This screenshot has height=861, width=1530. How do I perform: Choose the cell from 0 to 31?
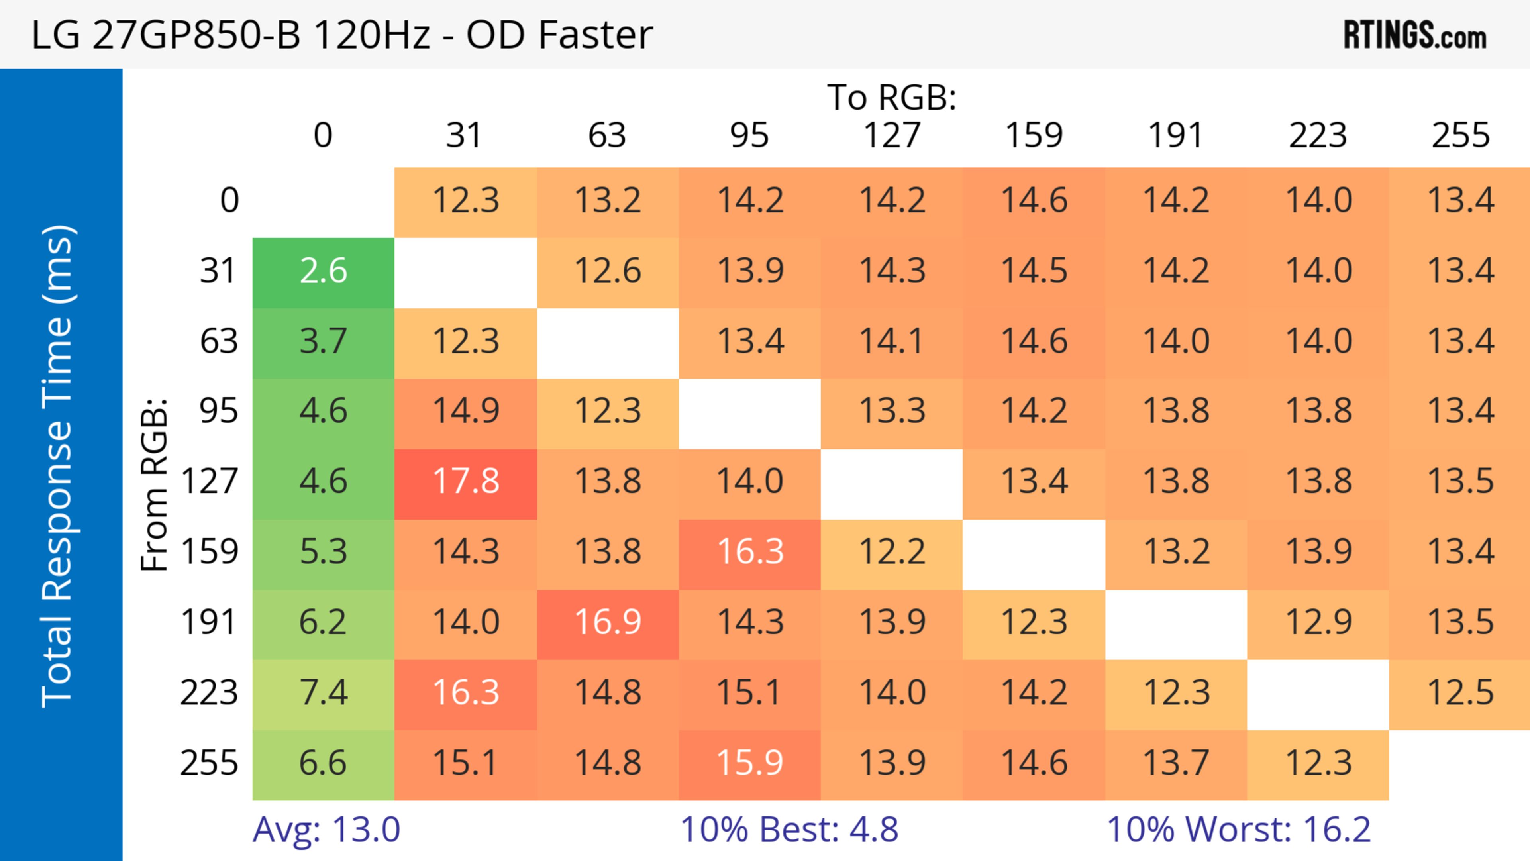click(x=466, y=201)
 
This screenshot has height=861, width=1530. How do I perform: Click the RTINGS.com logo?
click(x=1415, y=35)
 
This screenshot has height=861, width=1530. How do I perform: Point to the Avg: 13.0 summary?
click(x=326, y=830)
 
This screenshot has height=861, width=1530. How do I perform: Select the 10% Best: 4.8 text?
click(x=789, y=830)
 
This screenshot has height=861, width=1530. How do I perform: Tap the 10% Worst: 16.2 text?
click(x=1238, y=830)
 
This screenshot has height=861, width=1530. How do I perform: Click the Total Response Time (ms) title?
click(x=58, y=466)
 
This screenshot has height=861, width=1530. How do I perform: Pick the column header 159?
click(x=1034, y=136)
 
